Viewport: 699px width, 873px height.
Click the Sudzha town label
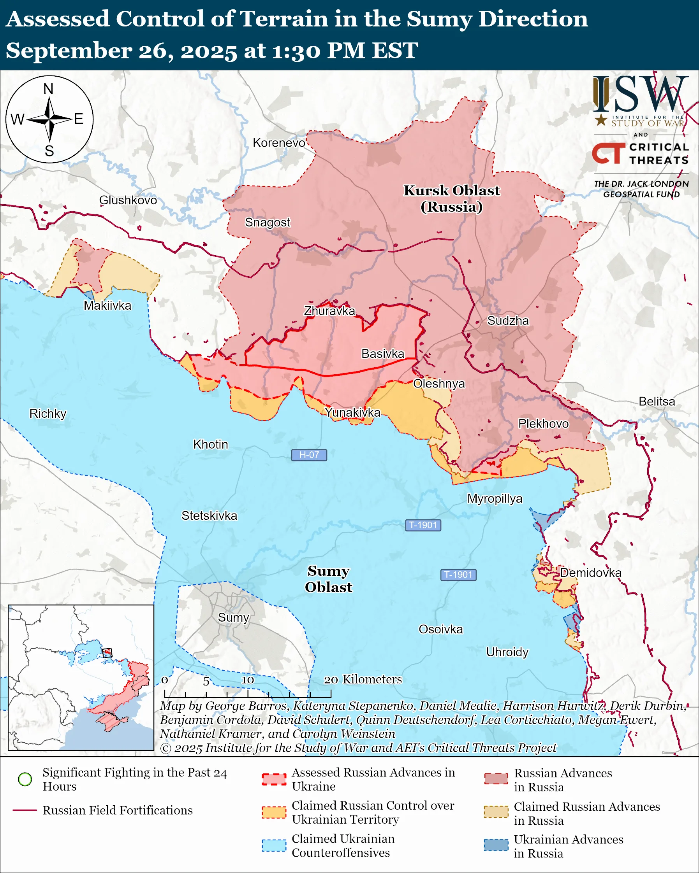[508, 321]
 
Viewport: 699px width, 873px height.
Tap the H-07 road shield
[309, 455]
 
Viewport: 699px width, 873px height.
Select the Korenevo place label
[279, 142]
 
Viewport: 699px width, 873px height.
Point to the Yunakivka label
[352, 412]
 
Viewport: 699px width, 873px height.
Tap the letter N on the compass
[48, 89]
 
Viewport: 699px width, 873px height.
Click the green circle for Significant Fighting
[25, 779]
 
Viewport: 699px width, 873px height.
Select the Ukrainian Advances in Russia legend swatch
[496, 845]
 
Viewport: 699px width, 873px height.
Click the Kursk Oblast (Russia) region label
[451, 198]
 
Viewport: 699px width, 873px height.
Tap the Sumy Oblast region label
[328, 578]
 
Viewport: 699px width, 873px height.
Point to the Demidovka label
[590, 573]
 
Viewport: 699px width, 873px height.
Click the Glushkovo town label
[128, 200]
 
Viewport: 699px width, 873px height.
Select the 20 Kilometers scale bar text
[363, 679]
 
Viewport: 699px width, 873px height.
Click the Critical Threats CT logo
[608, 153]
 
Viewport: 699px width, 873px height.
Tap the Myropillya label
[495, 498]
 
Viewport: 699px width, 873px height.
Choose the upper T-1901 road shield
[423, 525]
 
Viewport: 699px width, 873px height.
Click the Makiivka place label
[107, 305]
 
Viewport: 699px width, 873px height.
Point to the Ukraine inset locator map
[81, 677]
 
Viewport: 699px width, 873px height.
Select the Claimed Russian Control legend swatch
[273, 812]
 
